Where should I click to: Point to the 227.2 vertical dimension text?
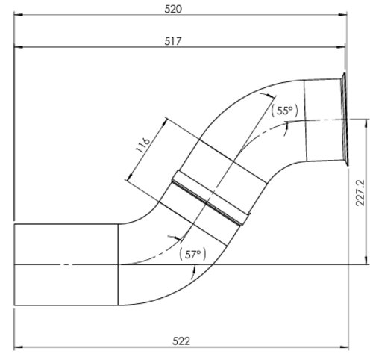pos(360,192)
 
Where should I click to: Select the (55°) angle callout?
pos(284,111)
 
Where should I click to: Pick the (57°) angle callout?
pos(192,254)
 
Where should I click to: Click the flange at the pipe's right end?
pos(345,119)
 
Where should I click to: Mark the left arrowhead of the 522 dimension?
pos(18,347)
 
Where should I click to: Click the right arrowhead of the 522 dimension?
pos(345,347)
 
